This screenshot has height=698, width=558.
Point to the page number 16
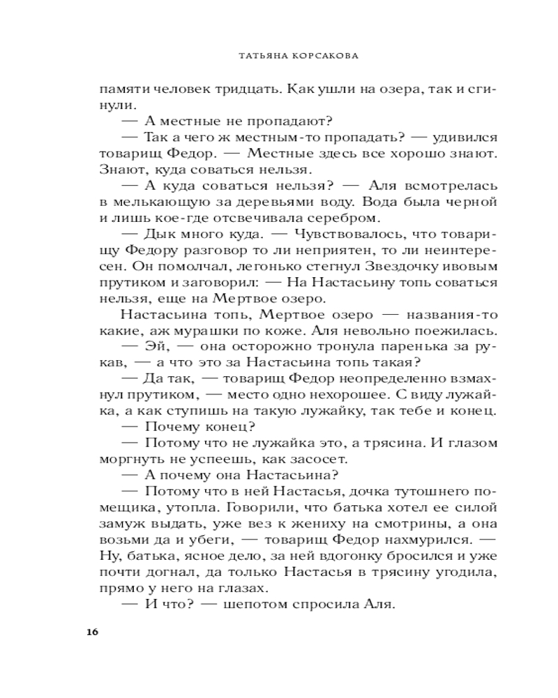click(92, 633)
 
